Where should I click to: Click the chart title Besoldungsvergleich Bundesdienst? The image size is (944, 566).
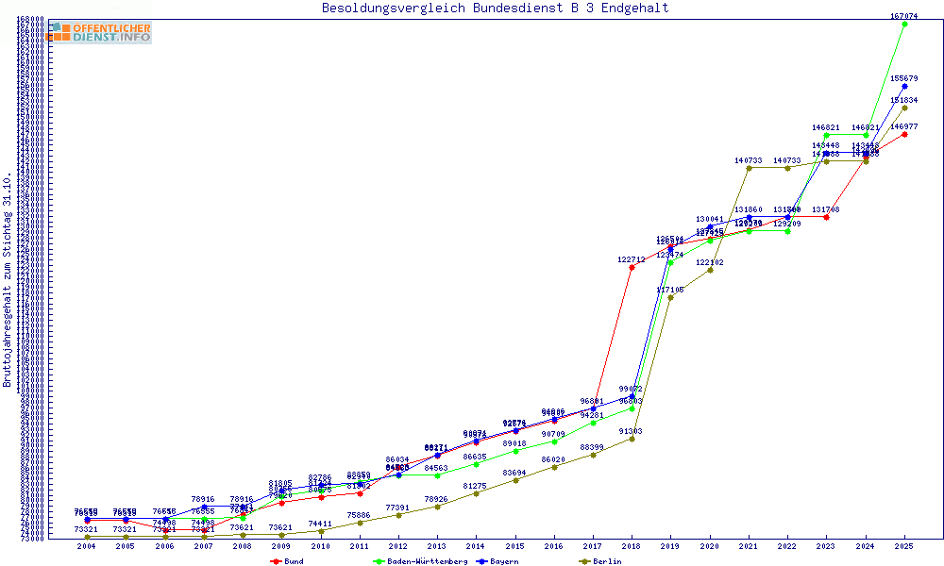pos(496,8)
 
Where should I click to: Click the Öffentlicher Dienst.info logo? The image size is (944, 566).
pos(98,32)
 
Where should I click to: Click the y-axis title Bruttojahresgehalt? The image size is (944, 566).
pos(8,280)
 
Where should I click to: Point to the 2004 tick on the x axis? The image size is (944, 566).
pos(87,546)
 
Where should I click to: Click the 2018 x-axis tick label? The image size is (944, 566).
pos(632,546)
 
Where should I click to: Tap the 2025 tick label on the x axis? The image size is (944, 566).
pos(904,546)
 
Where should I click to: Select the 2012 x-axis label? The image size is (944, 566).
pos(398,546)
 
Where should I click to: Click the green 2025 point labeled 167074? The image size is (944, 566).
pos(904,24)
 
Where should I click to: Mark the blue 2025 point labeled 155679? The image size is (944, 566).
pos(904,86)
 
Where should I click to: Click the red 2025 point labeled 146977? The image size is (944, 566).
pos(904,134)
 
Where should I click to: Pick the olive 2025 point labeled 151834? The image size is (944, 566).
pos(904,108)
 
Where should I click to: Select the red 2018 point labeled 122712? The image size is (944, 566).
pos(632,267)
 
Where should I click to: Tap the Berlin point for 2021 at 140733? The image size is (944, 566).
pos(749,168)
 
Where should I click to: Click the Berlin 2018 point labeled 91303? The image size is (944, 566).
pos(632,439)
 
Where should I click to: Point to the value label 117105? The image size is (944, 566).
pos(670,290)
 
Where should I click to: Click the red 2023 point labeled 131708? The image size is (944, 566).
pos(826,217)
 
